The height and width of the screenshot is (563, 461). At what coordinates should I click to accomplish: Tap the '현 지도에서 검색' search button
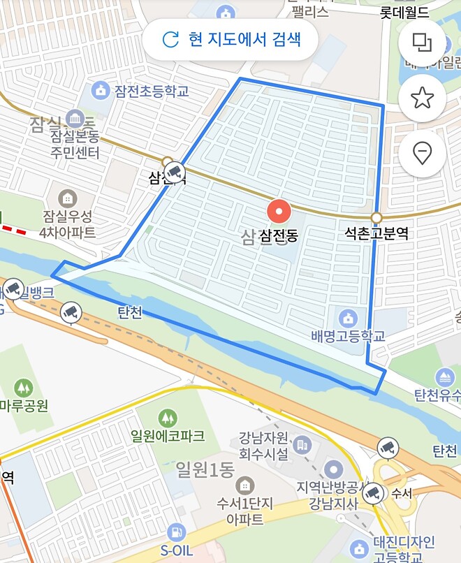(x=230, y=38)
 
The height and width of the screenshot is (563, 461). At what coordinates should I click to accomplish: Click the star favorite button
(x=422, y=98)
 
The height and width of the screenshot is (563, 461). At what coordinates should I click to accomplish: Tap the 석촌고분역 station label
(x=376, y=235)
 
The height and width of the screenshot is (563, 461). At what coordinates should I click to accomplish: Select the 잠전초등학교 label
(x=152, y=90)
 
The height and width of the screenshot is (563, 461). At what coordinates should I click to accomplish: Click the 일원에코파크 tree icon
(x=168, y=418)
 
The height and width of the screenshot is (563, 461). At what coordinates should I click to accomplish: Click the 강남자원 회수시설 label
(x=263, y=446)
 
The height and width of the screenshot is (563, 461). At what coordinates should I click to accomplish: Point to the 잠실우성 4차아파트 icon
(x=68, y=197)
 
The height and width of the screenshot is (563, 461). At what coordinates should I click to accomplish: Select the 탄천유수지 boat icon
(x=444, y=378)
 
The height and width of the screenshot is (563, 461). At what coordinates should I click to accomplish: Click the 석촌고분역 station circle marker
(x=376, y=217)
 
